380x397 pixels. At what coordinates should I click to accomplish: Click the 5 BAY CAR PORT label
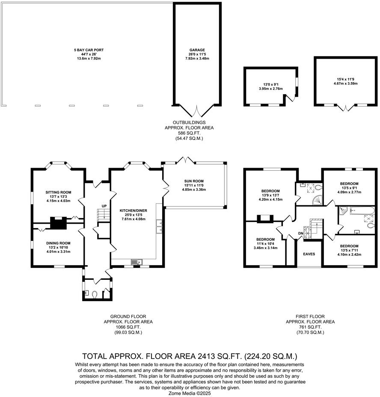(x=89, y=50)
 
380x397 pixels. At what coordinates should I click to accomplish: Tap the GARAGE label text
(x=197, y=50)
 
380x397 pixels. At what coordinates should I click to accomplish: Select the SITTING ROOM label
(x=58, y=193)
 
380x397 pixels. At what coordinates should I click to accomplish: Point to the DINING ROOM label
(x=58, y=243)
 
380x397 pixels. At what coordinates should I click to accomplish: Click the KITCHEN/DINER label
(x=133, y=210)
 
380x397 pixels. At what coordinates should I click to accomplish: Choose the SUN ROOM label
(x=194, y=181)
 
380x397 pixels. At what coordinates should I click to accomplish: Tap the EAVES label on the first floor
(x=309, y=254)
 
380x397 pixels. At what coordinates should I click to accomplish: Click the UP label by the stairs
(x=104, y=206)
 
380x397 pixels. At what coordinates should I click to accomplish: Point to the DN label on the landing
(x=301, y=234)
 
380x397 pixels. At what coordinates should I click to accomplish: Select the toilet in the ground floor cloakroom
(x=95, y=294)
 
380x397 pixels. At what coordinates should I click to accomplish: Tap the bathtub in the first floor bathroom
(x=362, y=210)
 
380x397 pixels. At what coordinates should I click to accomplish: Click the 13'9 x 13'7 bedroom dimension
(x=270, y=195)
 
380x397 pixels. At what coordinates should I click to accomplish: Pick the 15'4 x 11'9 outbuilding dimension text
(x=345, y=79)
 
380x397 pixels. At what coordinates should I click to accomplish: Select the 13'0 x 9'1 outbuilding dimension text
(x=270, y=85)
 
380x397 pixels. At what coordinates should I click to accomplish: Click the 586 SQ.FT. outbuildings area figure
(x=189, y=133)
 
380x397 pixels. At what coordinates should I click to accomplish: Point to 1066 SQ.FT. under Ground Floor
(x=128, y=327)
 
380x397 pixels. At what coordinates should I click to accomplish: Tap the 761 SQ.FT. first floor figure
(x=310, y=327)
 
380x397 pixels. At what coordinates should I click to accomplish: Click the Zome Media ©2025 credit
(x=190, y=393)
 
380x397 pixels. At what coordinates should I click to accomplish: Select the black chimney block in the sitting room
(x=58, y=223)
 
